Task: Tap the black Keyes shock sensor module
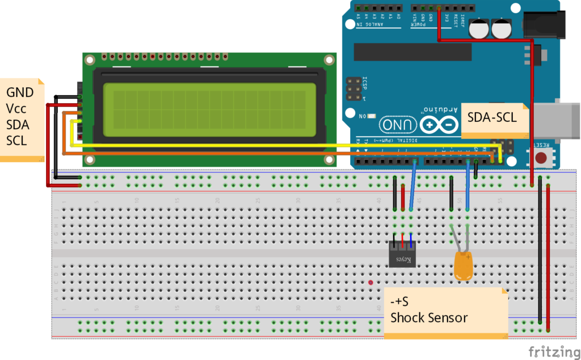pyautogui.click(x=402, y=254)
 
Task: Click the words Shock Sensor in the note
pyautogui.click(x=429, y=317)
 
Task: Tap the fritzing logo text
pyautogui.click(x=551, y=351)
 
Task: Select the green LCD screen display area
pyautogui.click(x=209, y=110)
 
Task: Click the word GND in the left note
pyautogui.click(x=20, y=92)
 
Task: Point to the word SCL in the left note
pyautogui.click(x=16, y=140)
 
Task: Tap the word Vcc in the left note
pyautogui.click(x=16, y=108)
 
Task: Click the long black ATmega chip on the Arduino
pyautogui.click(x=412, y=52)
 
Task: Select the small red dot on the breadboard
pyautogui.click(x=371, y=282)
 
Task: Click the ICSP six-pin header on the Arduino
pyautogui.click(x=353, y=89)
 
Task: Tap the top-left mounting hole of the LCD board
pyautogui.click(x=90, y=60)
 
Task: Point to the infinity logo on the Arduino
pyautogui.click(x=439, y=124)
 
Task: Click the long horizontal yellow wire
pyautogui.click(x=284, y=146)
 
